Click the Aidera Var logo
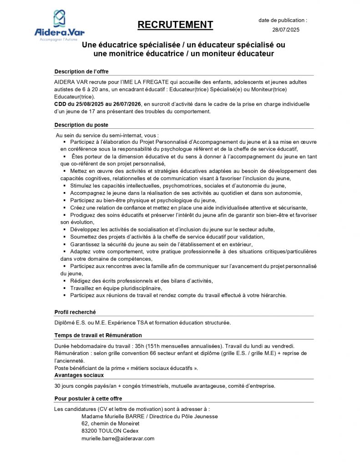(x=59, y=25)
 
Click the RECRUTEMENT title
(x=175, y=25)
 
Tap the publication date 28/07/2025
(x=283, y=30)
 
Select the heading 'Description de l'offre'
(x=81, y=71)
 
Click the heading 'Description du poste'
(x=81, y=125)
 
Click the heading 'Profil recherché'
(x=75, y=312)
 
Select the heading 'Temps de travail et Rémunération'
(x=98, y=335)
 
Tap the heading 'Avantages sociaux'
(x=79, y=375)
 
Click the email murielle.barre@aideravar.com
(x=118, y=438)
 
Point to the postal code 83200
(x=90, y=431)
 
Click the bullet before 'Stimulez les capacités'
(x=65, y=186)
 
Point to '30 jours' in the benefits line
(x=65, y=386)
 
